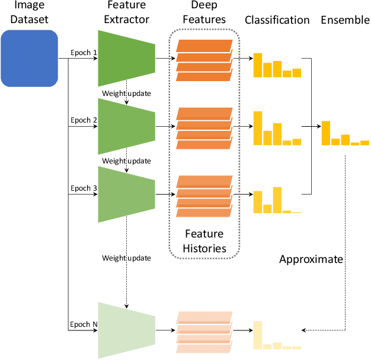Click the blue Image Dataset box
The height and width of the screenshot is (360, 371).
pos(29,58)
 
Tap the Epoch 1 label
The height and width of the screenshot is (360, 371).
pos(83,52)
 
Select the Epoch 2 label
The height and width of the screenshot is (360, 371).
pos(83,120)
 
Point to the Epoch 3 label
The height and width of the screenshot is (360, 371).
pos(83,188)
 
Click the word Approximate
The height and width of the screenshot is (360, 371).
pos(311,259)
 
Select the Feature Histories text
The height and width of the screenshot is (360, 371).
pos(205,241)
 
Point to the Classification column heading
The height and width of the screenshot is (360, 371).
pos(277,20)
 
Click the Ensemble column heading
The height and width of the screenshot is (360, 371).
pos(344,20)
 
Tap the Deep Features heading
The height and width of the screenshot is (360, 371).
pos(205,12)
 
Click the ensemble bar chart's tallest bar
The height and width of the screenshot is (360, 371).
pos(326,133)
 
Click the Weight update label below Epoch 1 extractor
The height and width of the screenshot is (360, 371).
pos(126,93)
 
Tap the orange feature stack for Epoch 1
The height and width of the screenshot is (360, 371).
pos(204,60)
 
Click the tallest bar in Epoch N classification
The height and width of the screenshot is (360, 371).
pos(258,335)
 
